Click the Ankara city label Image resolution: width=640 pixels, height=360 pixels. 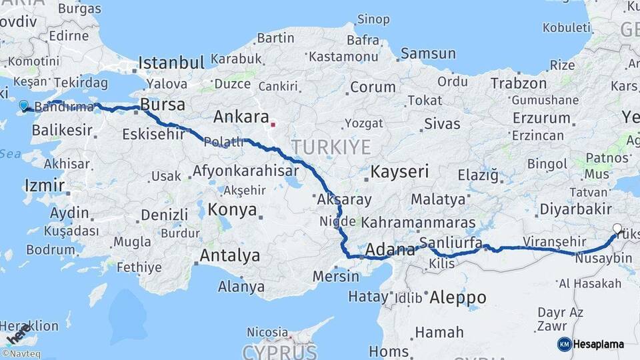241,117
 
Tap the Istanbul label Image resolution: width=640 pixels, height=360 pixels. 171,63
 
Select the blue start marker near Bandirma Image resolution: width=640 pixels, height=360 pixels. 25,105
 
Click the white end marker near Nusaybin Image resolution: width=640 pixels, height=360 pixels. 617,229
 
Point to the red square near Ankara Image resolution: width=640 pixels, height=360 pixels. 273,124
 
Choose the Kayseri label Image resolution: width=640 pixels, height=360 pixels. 399,171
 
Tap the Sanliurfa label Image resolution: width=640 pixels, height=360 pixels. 451,243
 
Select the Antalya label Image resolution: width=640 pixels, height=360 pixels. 230,255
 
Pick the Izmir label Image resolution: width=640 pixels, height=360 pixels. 44,185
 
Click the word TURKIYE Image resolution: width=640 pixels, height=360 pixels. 331,147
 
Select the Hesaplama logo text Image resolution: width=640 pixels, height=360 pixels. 599,345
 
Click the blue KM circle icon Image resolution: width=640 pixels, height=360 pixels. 564,345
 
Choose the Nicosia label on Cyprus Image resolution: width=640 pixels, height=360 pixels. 267,331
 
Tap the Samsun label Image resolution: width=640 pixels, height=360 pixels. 428,53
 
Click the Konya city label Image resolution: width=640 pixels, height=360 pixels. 232,209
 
